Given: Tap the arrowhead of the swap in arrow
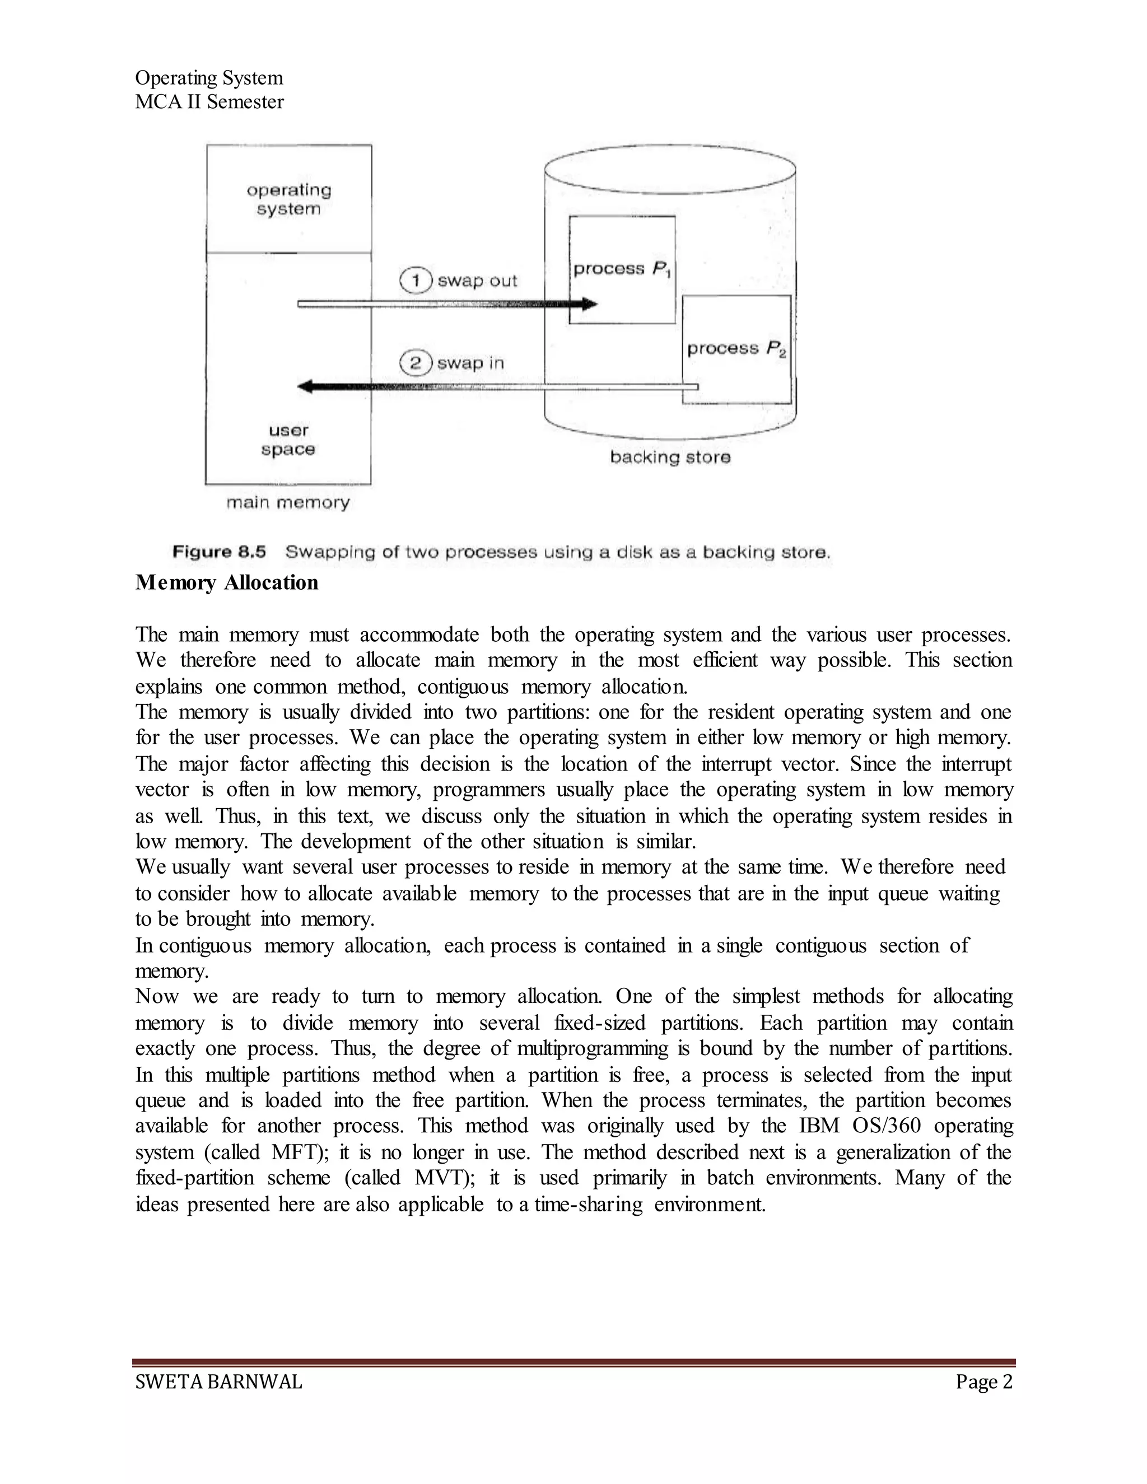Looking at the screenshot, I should click(306, 386).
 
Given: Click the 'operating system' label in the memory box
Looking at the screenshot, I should click(289, 199).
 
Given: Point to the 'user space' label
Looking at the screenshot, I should click(288, 440).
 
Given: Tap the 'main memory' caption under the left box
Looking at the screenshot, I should click(287, 502).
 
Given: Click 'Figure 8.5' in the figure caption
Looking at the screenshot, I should click(219, 551).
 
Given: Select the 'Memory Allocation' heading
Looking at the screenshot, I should click(226, 582).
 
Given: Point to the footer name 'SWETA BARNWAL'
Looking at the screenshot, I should click(218, 1382).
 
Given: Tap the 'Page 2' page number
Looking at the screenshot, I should click(984, 1382).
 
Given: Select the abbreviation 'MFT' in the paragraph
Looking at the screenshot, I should click(293, 1152).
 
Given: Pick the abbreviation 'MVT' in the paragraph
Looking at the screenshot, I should click(437, 1178).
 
